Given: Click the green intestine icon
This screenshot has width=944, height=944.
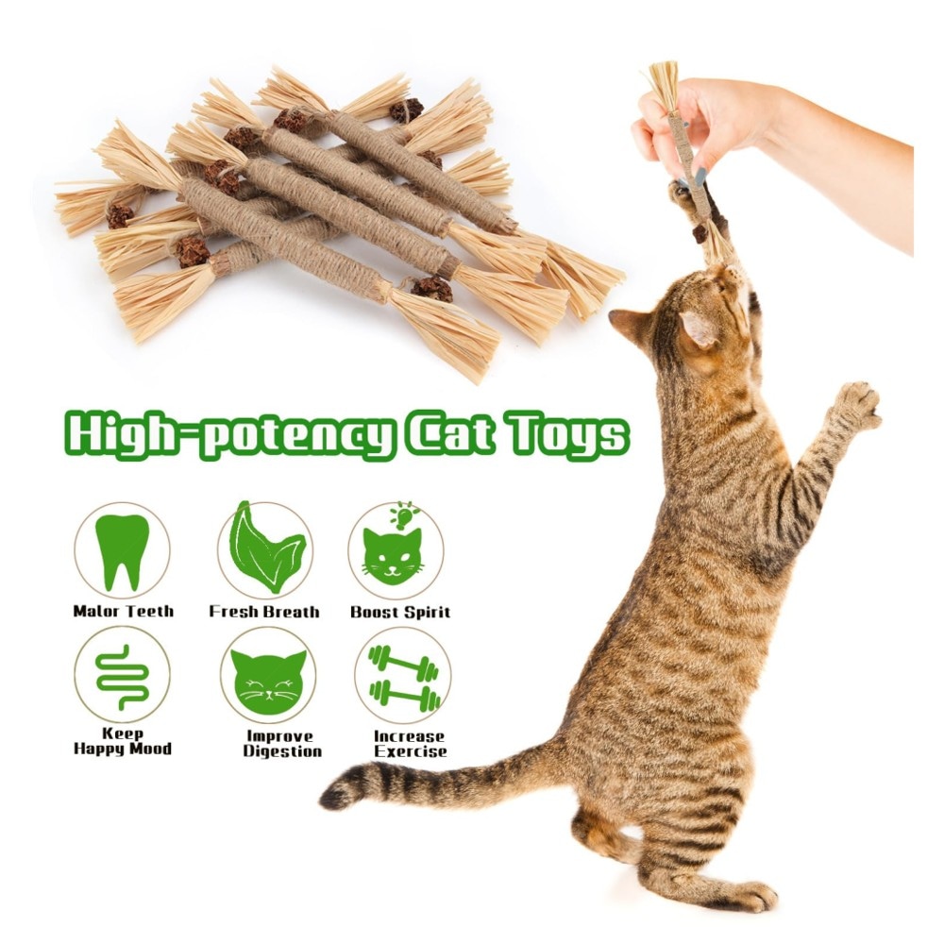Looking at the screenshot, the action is (x=122, y=677).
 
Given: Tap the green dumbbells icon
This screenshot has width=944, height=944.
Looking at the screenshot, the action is (x=404, y=679).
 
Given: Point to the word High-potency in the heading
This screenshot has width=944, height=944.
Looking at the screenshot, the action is (x=229, y=434).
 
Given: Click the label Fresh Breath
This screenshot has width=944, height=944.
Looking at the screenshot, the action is (x=264, y=612).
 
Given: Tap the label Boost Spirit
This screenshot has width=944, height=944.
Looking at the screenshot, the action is (x=400, y=613).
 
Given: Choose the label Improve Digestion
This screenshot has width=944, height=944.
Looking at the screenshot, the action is (x=282, y=744).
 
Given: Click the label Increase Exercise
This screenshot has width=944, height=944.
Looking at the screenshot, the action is (x=410, y=744).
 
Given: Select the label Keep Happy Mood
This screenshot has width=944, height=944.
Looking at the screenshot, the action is (x=122, y=741).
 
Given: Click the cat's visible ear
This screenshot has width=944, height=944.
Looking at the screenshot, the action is (x=699, y=329).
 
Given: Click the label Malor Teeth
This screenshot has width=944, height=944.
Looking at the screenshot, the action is (x=123, y=611).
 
